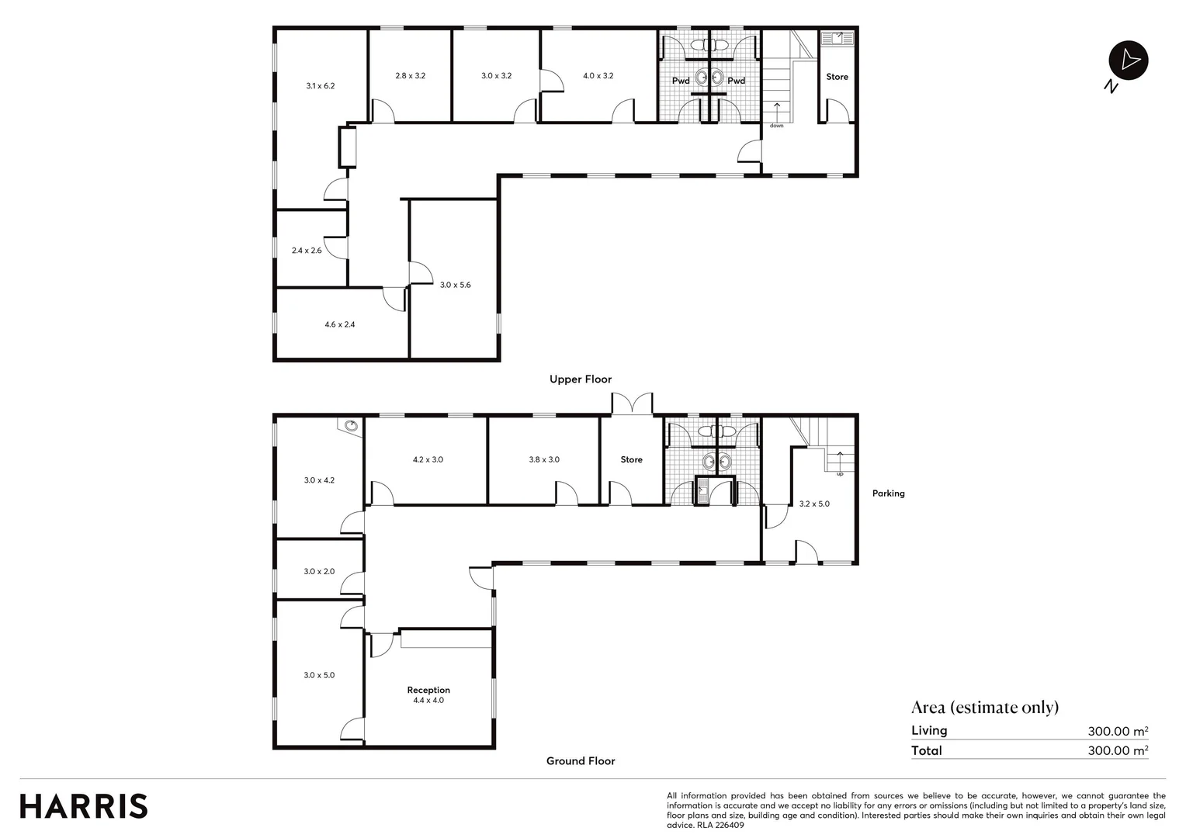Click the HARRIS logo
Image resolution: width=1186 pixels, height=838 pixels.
pos(84,806)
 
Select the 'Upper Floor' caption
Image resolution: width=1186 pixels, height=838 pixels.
pos(581,379)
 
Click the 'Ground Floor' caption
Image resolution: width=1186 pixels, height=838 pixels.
pos(581,761)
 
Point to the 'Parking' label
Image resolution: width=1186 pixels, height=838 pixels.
pos(888,493)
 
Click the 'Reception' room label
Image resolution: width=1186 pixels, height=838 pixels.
pos(428,690)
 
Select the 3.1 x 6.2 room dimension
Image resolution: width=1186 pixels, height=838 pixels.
pos(320,86)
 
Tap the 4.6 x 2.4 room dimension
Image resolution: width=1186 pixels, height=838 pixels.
pos(340,324)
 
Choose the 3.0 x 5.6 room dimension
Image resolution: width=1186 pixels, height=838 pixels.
pos(455,285)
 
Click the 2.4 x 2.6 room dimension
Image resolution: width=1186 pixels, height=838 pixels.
pos(307,251)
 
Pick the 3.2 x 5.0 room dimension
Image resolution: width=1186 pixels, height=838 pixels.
pos(814,504)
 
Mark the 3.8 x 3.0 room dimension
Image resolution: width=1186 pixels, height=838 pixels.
pos(544,459)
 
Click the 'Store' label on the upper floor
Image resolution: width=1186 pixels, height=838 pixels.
pos(837,77)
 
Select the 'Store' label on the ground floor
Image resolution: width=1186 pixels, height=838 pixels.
pos(631,459)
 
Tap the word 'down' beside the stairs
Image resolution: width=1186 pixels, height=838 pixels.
pos(776,126)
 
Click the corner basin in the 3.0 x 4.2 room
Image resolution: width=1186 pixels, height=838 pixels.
pos(351,425)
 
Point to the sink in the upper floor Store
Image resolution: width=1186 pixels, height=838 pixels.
pos(837,37)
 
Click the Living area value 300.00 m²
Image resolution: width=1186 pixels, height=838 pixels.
pos(1118,731)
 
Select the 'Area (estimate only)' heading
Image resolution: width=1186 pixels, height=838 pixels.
pos(985,707)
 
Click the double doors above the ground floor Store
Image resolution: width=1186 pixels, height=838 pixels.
pos(633,404)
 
